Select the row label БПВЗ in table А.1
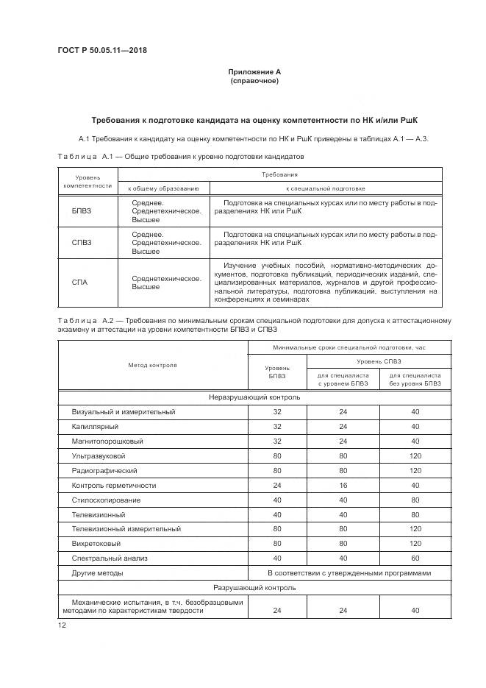(82, 210)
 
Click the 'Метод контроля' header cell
(152, 364)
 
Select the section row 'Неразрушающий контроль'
(254, 397)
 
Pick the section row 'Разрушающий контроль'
(254, 587)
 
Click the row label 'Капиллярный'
(95, 426)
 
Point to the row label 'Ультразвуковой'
(100, 455)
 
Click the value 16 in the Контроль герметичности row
(343, 485)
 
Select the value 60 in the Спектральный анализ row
(415, 558)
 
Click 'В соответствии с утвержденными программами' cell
(349, 572)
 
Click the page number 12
(62, 625)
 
